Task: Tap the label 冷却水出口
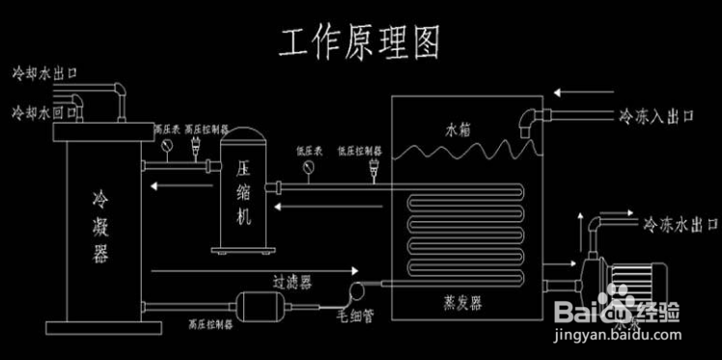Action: (x=42, y=72)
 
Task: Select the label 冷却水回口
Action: (x=42, y=112)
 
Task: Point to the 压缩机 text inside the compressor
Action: (x=243, y=191)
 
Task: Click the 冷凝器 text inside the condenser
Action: (x=98, y=226)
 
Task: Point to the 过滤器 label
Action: (x=292, y=282)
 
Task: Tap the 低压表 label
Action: (x=309, y=151)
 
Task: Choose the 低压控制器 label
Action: (x=358, y=151)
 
